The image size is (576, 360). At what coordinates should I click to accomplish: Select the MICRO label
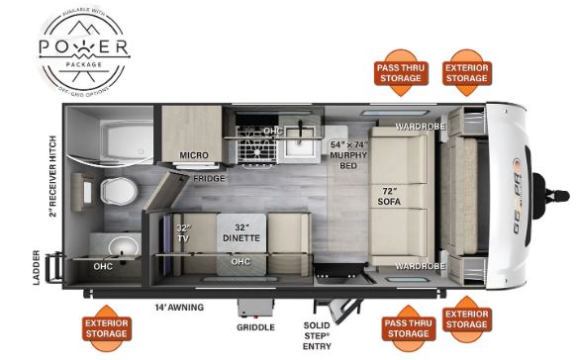[x=192, y=155]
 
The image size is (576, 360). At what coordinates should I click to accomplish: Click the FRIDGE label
[x=209, y=179]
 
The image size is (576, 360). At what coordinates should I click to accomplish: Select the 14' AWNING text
[x=180, y=308]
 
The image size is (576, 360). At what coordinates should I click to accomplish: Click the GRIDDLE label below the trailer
[x=254, y=327]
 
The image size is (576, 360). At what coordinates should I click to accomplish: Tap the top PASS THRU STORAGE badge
[x=400, y=72]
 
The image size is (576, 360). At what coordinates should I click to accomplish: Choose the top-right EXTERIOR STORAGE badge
[x=466, y=72]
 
